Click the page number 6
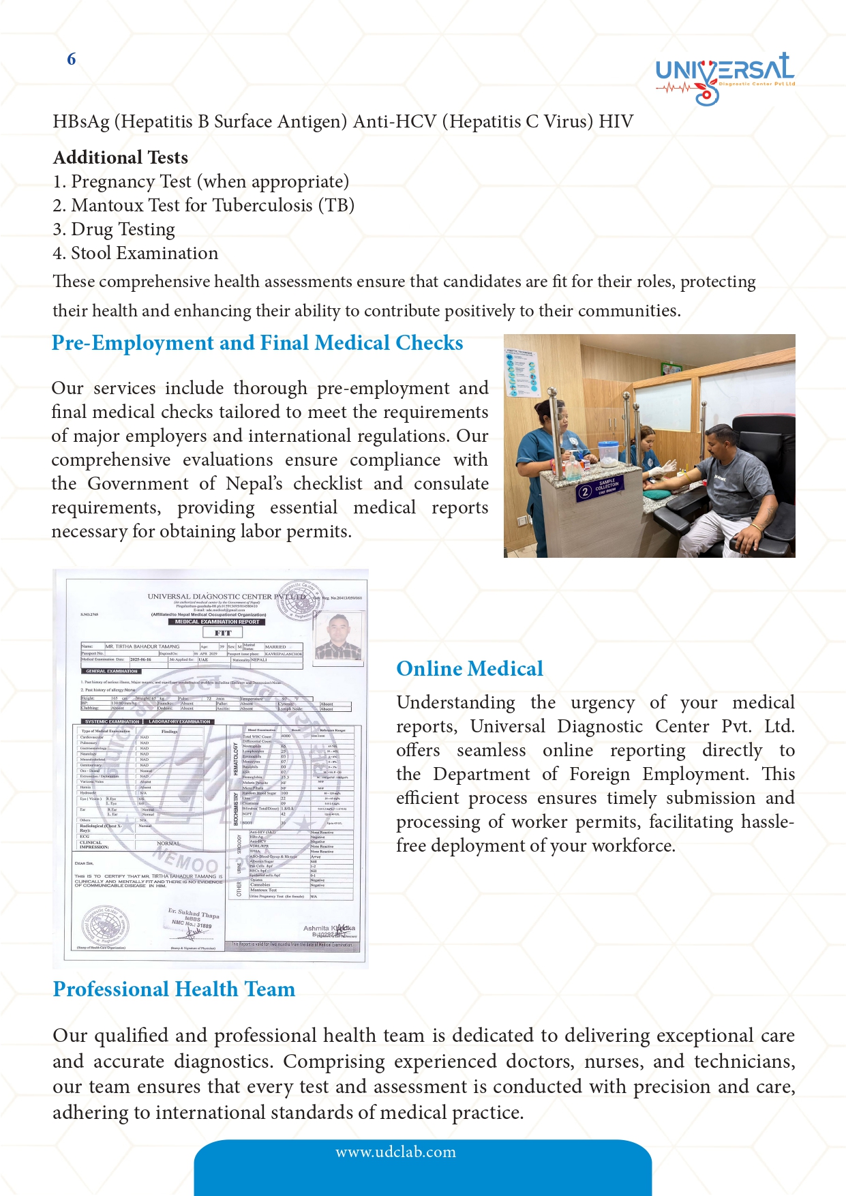pyautogui.click(x=71, y=59)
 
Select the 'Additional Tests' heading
pyautogui.click(x=121, y=158)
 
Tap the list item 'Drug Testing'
pyautogui.click(x=123, y=229)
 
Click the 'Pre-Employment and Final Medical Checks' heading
pyautogui.click(x=257, y=342)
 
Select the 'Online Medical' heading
pyautogui.click(x=470, y=668)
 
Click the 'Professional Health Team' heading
pyautogui.click(x=174, y=989)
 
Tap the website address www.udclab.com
pyautogui.click(x=395, y=1152)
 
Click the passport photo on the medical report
pyautogui.click(x=339, y=636)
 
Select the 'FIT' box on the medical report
pyautogui.click(x=222, y=633)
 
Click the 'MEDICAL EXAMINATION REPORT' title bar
pyautogui.click(x=217, y=622)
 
